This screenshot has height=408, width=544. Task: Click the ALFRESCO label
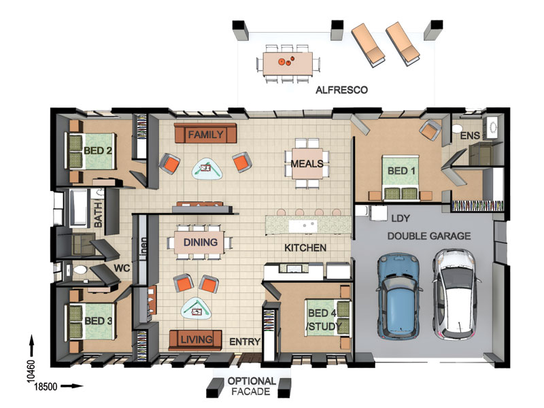tap(341, 90)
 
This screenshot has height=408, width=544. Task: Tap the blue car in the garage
tap(399, 296)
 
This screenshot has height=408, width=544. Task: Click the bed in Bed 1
tap(401, 177)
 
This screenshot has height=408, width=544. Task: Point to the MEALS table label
tap(307, 164)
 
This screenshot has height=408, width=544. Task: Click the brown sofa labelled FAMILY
tap(205, 133)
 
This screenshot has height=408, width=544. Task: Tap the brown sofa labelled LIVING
tap(195, 340)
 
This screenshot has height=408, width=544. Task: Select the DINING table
tap(200, 242)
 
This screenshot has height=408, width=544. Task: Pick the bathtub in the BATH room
tap(78, 207)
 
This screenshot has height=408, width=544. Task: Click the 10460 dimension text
tap(31, 371)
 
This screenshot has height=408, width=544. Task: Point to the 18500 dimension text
tap(46, 386)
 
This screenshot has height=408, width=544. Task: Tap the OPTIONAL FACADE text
tap(251, 386)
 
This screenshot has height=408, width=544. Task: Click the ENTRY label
tap(245, 342)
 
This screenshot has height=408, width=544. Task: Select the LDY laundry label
tap(401, 218)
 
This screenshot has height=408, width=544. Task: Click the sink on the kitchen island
tap(303, 226)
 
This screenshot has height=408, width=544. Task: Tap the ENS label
tap(470, 135)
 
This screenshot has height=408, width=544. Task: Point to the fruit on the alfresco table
tap(286, 61)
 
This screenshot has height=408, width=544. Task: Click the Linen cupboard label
tap(143, 248)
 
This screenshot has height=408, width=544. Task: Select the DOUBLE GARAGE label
tap(429, 236)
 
